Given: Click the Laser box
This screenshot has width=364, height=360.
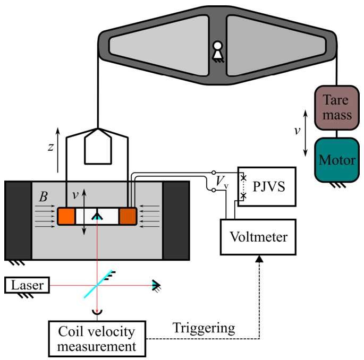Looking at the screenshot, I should [x=27, y=285].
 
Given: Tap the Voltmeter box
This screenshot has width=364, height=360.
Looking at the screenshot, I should [x=259, y=237].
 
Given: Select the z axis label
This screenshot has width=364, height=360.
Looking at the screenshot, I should [x=50, y=147].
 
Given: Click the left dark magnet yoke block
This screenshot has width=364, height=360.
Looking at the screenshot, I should [x=19, y=221].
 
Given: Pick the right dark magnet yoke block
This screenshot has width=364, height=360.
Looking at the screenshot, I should [x=176, y=221].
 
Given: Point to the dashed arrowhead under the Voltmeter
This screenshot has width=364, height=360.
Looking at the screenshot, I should [x=259, y=259].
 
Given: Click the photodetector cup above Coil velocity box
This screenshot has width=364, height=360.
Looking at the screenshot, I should [x=97, y=311].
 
